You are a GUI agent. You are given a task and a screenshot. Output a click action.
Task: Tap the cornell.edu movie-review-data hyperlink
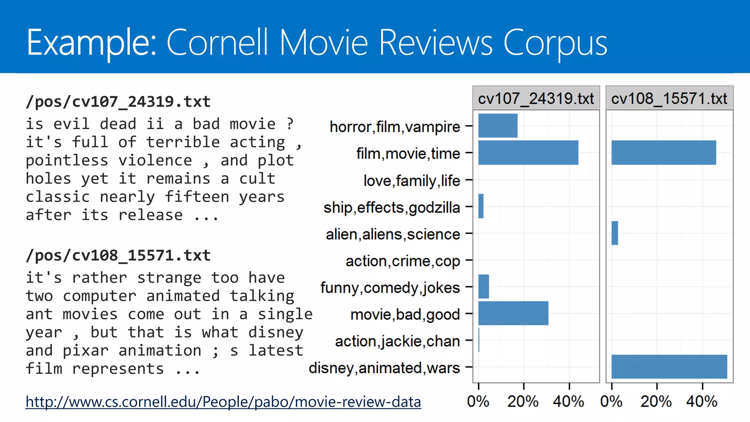point(223,402)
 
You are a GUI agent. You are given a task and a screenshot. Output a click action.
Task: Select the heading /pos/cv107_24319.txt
point(118,101)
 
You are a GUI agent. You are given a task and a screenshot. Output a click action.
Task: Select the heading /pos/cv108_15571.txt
point(118,255)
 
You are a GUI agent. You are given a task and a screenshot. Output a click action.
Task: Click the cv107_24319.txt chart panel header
point(536,99)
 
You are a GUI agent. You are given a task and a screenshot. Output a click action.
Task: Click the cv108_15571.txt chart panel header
point(669,99)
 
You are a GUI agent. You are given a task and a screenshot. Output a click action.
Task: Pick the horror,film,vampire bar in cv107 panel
point(498,126)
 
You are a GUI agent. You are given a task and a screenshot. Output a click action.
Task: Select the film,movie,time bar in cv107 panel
point(528,152)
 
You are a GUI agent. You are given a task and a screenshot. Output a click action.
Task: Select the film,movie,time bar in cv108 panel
point(664,152)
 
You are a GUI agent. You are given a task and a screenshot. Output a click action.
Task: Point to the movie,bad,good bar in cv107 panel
point(513,313)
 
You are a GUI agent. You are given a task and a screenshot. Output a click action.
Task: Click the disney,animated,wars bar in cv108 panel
point(669,367)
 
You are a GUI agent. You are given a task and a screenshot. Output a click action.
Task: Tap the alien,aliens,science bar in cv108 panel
point(615,233)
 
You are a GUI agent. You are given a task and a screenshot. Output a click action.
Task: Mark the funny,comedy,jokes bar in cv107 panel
point(483,286)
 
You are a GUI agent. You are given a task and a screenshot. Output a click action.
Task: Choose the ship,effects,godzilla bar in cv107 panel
point(481,206)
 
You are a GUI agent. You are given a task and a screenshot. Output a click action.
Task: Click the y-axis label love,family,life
point(412,181)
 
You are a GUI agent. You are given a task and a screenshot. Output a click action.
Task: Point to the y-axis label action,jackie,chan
point(397,341)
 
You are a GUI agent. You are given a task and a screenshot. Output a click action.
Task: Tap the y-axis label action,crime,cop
point(402,261)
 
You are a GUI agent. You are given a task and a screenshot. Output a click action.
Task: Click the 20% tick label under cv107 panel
point(523,402)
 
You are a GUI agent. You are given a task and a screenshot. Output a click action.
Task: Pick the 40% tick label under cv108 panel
point(702,402)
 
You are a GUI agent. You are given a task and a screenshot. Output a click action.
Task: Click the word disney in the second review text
point(276,332)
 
